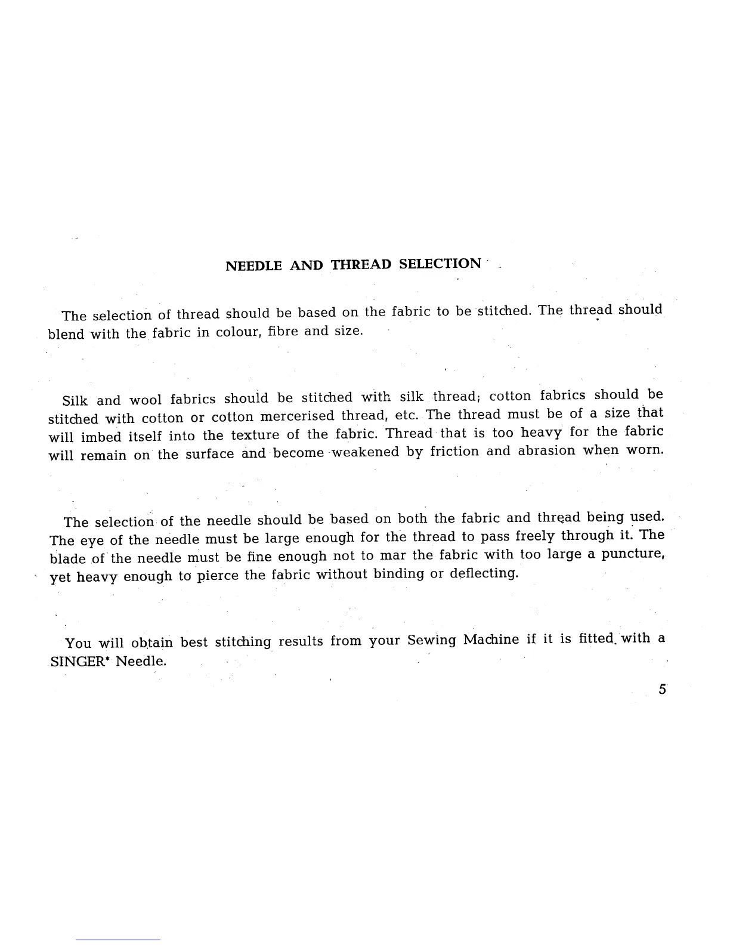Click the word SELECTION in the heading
440,264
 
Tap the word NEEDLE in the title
253,266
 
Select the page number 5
662,690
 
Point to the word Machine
491,640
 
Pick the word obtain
151,643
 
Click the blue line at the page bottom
118,940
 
